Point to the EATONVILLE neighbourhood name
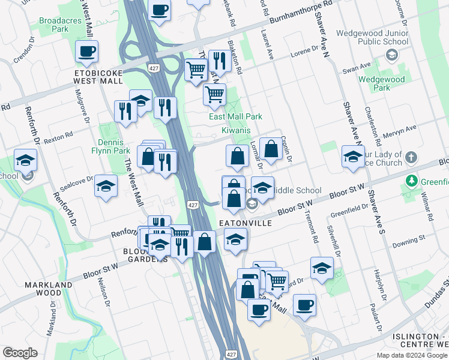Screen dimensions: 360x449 (x=246, y=223)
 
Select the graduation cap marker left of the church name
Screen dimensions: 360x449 (x=353, y=157)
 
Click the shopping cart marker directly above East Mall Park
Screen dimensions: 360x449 (x=215, y=94)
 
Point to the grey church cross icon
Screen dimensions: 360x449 (x=411, y=158)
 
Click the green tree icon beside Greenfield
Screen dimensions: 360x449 (x=412, y=181)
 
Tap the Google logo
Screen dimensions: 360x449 (x=20, y=353)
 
